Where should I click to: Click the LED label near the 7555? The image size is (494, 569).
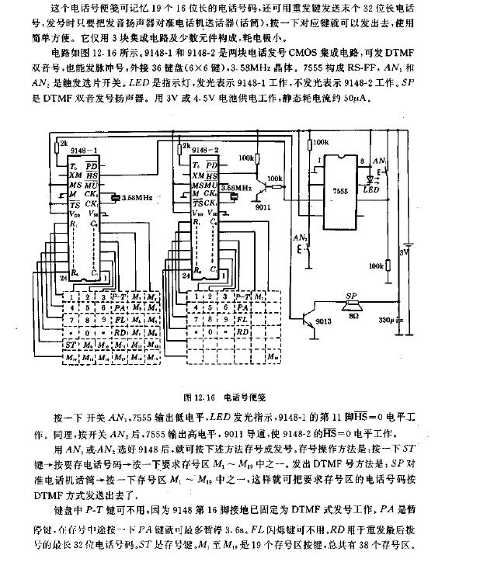tap(371, 189)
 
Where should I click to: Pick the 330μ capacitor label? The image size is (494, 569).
tap(387, 319)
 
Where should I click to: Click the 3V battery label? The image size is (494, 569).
tap(403, 252)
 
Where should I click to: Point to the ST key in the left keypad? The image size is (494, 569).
tap(68, 344)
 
